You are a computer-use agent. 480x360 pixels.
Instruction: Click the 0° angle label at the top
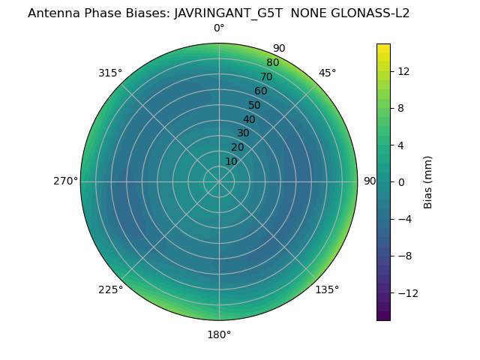(x=219, y=28)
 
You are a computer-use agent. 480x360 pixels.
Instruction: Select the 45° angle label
(x=327, y=73)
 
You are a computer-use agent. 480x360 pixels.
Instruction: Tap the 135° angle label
(x=327, y=289)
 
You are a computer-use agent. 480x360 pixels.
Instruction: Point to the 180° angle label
(x=219, y=334)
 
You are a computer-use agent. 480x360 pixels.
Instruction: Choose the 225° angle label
(x=110, y=289)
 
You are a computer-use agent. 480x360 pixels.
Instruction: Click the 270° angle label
(x=65, y=181)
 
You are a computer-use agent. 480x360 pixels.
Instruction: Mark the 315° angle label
(x=110, y=73)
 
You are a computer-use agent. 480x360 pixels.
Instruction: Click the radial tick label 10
(x=231, y=161)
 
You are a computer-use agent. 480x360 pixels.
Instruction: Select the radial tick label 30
(x=243, y=133)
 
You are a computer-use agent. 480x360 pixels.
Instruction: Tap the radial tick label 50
(x=255, y=105)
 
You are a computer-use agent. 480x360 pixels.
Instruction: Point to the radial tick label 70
(x=266, y=76)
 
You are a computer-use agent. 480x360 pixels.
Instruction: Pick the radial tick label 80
(x=272, y=63)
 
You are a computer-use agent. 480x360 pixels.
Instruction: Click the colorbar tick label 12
(x=403, y=71)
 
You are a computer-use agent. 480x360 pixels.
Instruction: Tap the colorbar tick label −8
(x=403, y=256)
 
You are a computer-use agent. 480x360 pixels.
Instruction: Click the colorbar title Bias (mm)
(x=428, y=181)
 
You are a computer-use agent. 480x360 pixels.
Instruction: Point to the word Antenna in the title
(x=52, y=13)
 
